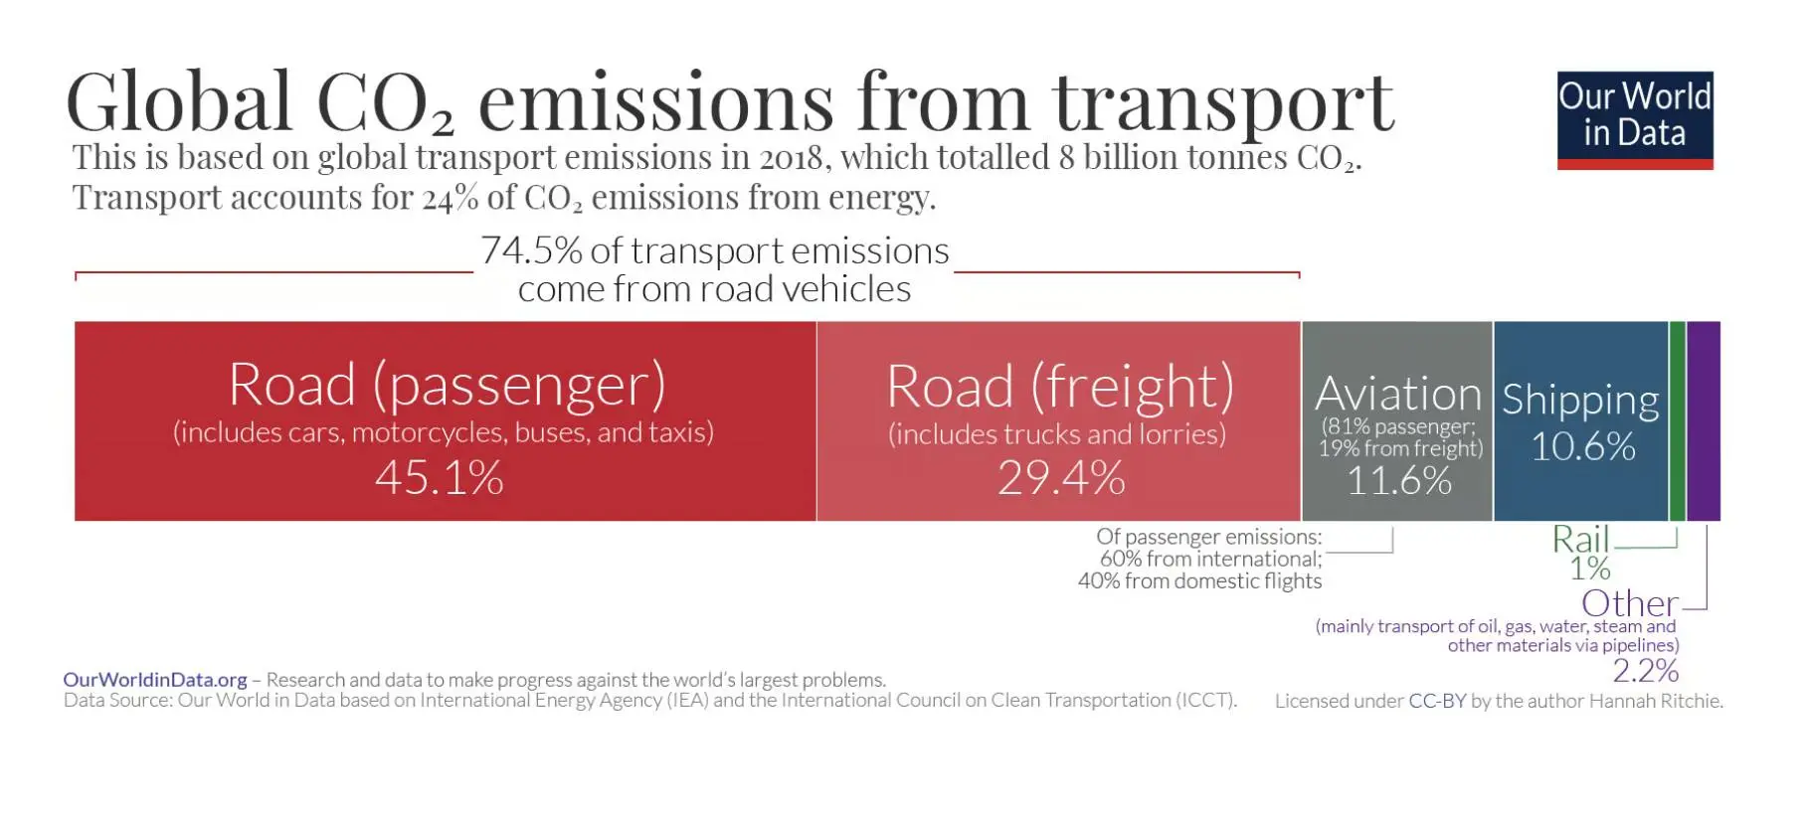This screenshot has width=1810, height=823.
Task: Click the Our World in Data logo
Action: (x=1635, y=120)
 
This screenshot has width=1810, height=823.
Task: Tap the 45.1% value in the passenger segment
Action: (x=440, y=478)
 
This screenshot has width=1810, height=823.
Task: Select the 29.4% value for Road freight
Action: (x=1061, y=478)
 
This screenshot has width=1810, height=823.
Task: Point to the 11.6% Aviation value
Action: (x=1399, y=481)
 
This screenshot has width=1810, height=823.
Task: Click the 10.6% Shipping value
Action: (x=1583, y=447)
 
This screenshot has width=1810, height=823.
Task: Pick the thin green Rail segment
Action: (x=1677, y=421)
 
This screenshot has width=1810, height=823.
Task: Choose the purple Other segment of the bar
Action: (x=1704, y=421)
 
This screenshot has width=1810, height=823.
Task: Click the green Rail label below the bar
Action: (x=1580, y=539)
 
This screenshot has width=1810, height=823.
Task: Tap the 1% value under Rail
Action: (x=1590, y=569)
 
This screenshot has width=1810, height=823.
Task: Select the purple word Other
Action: (x=1630, y=603)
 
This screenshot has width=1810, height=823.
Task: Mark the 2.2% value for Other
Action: (x=1646, y=671)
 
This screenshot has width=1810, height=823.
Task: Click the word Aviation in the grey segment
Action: (x=1398, y=395)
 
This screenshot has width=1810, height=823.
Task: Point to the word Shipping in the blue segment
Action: (x=1580, y=400)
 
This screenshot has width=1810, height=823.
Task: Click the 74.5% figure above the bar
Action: (x=531, y=250)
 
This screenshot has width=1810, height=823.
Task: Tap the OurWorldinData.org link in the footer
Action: (x=155, y=680)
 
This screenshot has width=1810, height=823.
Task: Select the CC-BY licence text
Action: (x=1437, y=701)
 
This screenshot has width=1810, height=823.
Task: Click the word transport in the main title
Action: (x=1224, y=102)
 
